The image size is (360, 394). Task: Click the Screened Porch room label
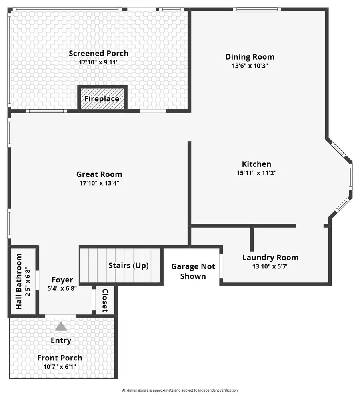coord(98,53)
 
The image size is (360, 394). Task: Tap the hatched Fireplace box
coord(102,99)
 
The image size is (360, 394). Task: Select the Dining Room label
coord(250,57)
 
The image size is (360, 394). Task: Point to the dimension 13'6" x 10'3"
coord(250,66)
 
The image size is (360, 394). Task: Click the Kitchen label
coord(256,164)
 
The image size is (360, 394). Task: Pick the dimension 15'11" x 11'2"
coord(256,173)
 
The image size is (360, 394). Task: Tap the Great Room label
coord(99,174)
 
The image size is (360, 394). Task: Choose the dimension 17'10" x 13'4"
coord(99,183)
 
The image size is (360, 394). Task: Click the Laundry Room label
coord(270,258)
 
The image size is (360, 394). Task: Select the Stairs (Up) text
coord(128,265)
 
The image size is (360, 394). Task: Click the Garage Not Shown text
coord(193,271)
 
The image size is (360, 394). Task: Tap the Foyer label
coord(62,280)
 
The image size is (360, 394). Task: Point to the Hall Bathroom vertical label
coord(19,281)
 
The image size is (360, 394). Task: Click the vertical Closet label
coord(105,300)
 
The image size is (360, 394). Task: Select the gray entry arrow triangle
coord(61,326)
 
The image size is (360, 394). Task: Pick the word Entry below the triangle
coord(61,340)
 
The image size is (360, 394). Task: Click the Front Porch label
coord(60,358)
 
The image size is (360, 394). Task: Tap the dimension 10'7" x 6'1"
coord(60,366)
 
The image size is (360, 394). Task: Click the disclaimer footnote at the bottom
coord(180,390)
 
